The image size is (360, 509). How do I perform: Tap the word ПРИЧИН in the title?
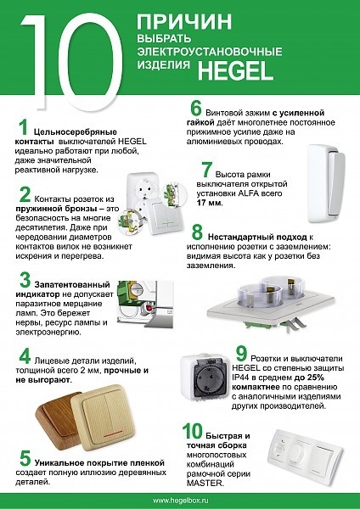[x=184, y=21]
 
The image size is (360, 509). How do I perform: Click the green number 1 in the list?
[x=23, y=127]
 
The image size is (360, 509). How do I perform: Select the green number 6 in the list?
[x=196, y=109]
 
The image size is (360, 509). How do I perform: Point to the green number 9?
[x=241, y=354]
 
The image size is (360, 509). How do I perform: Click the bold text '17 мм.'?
[x=210, y=204]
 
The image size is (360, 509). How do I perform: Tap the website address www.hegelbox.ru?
[x=180, y=501]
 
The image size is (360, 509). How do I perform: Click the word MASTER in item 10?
[x=205, y=483]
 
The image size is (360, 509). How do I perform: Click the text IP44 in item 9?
[x=241, y=378]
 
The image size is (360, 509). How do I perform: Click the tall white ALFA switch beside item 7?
[x=326, y=184]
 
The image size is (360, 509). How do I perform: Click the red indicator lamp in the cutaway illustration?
[x=149, y=307]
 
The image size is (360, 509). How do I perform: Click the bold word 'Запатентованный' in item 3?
[x=72, y=285]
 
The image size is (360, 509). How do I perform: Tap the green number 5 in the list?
[x=25, y=458]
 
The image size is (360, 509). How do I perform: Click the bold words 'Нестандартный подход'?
[x=257, y=237]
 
